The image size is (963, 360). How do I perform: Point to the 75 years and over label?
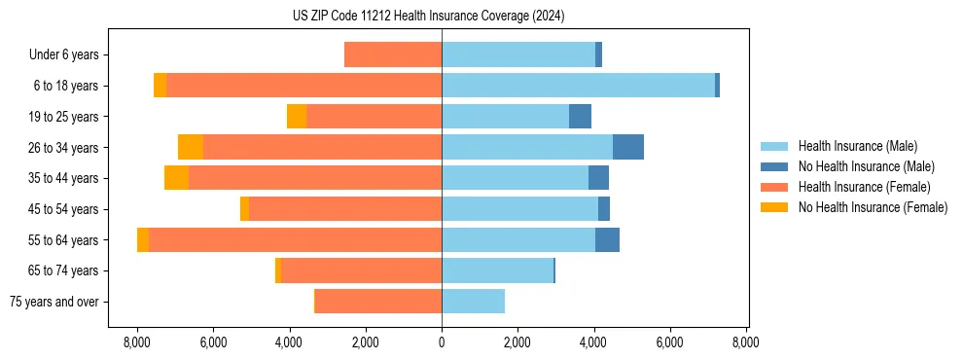click(x=53, y=302)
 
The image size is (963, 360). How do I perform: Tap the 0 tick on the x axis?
click(x=442, y=342)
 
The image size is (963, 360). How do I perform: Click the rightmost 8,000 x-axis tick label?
click(x=746, y=342)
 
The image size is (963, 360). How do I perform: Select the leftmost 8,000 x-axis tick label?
click(x=137, y=342)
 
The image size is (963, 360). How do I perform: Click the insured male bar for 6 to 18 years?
click(x=578, y=86)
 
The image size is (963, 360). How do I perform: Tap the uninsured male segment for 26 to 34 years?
click(x=628, y=147)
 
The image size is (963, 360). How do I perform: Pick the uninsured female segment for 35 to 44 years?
click(x=176, y=178)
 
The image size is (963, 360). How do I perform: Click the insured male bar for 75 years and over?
click(x=473, y=302)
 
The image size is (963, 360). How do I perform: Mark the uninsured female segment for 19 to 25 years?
click(x=297, y=117)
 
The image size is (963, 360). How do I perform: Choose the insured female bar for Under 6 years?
click(x=393, y=54)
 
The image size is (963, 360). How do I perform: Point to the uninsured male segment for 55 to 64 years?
click(x=607, y=240)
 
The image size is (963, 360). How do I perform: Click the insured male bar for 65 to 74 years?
click(x=497, y=270)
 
